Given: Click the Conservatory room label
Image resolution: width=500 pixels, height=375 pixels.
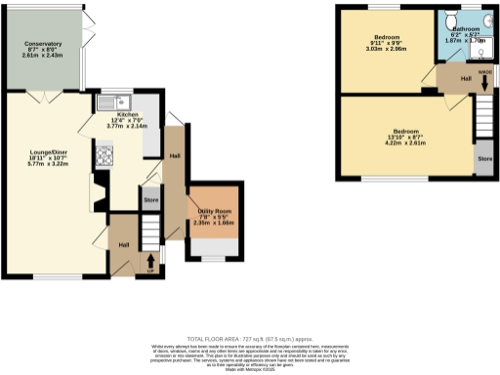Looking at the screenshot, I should pyautogui.click(x=45, y=44).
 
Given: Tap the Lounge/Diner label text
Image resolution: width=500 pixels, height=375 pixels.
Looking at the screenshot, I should pyautogui.click(x=47, y=150).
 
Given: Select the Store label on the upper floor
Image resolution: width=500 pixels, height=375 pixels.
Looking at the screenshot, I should pyautogui.click(x=483, y=156).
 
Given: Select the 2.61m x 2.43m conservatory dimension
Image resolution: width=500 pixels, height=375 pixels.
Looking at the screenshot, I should pyautogui.click(x=45, y=56).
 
